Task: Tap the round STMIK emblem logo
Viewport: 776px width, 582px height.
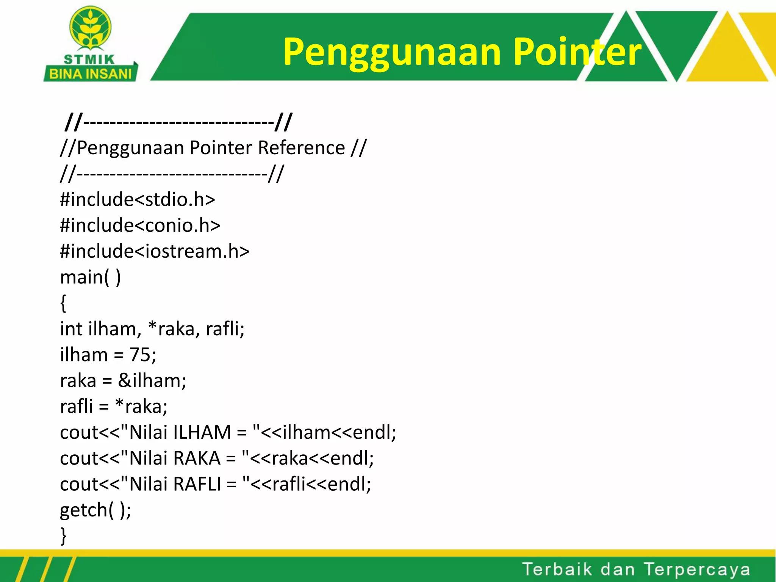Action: (90, 29)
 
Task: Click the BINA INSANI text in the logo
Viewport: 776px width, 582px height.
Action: (90, 74)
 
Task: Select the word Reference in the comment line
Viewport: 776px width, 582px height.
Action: (301, 148)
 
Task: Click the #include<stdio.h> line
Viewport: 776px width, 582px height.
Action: (137, 199)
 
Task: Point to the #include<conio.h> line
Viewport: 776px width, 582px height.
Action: (140, 225)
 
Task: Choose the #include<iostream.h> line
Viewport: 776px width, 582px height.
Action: (155, 251)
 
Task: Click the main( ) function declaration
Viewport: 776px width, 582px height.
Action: (90, 277)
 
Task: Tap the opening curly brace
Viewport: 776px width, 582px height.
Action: (63, 303)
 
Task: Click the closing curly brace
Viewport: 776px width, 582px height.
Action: (63, 535)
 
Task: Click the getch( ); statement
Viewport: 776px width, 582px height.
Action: (95, 510)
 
